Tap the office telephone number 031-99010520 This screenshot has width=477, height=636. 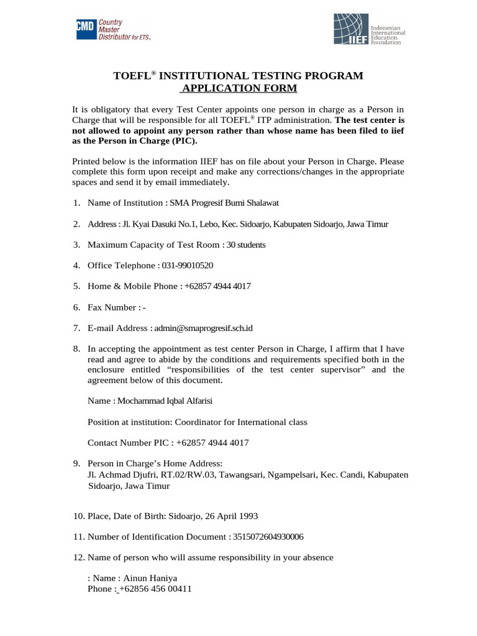point(188,265)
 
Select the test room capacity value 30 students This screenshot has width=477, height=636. point(246,245)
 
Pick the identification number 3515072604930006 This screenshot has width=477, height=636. point(268,537)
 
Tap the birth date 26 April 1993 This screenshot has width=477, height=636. point(228,516)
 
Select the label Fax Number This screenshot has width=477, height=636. point(112,307)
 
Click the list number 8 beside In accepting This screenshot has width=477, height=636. point(76,349)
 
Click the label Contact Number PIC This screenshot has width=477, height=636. point(128,443)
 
